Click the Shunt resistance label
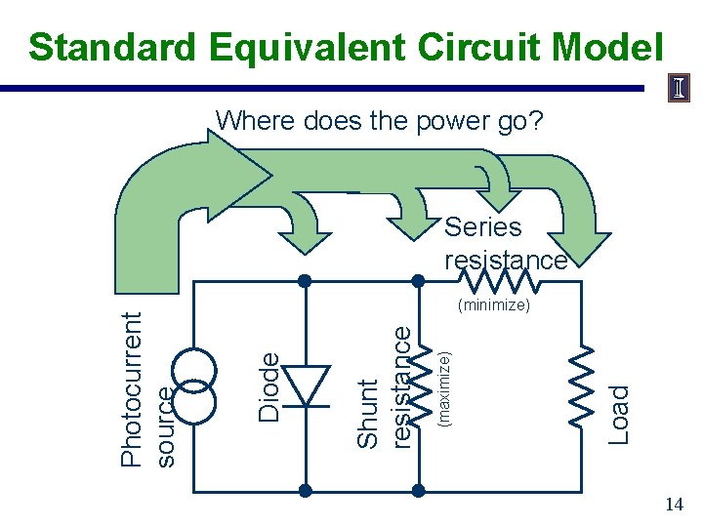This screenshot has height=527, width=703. [382, 386]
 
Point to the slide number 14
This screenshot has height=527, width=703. [674, 505]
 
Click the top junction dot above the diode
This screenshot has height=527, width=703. [306, 281]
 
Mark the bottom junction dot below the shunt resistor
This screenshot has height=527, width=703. [421, 489]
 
